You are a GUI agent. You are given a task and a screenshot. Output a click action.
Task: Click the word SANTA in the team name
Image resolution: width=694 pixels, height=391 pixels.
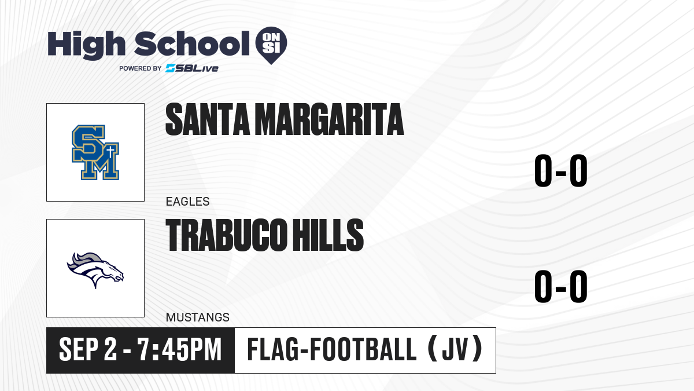[207, 119]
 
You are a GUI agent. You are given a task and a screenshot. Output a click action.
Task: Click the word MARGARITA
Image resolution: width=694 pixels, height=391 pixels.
[331, 119]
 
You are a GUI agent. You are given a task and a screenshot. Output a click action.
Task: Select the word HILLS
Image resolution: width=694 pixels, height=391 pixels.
[328, 235]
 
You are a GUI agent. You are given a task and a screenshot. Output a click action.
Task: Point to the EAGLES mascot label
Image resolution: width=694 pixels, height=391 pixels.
[187, 202]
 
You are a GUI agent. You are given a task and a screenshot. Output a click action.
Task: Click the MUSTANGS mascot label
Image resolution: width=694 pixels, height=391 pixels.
[198, 317]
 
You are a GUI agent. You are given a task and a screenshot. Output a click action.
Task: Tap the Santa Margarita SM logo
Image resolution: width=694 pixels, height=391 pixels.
[95, 152]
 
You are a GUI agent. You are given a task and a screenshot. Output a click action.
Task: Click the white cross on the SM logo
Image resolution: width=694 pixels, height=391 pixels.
[110, 153]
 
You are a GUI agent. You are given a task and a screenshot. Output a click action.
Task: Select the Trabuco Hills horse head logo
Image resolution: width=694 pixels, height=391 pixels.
[95, 270]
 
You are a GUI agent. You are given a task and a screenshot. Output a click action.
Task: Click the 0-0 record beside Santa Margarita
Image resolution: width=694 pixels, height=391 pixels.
[561, 171]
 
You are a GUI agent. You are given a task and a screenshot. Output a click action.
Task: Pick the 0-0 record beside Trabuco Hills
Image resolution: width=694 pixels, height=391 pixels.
[561, 286]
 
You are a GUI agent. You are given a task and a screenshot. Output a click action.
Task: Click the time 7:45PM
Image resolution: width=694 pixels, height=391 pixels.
[180, 350]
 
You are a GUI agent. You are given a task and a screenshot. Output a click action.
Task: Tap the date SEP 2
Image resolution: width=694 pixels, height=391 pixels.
[88, 350]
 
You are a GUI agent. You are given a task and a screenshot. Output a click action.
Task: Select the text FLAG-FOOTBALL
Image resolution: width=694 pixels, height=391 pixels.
[332, 350]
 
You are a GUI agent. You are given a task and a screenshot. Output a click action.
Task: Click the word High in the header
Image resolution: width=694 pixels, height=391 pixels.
[86, 45]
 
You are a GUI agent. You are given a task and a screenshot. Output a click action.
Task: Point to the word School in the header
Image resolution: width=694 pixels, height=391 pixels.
[192, 43]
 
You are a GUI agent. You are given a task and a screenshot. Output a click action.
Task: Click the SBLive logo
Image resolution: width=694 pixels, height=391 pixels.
[192, 68]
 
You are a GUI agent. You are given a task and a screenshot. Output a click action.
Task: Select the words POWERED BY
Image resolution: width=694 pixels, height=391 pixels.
[141, 68]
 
